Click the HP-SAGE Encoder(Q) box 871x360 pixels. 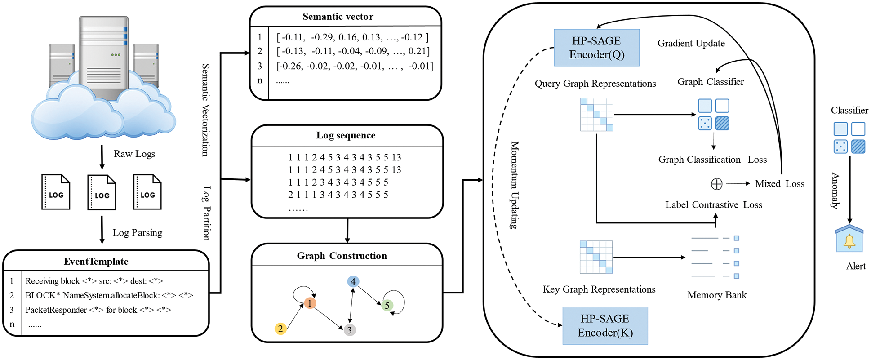(596, 48)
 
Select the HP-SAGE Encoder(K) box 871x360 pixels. (605, 325)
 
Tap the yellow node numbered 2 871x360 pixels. (280, 329)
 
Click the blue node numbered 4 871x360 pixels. (353, 282)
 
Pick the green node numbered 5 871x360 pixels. (387, 306)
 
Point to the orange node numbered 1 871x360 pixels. (310, 303)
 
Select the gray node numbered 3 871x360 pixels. (350, 330)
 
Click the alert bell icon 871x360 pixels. (849, 241)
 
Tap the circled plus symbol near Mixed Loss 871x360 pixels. (716, 184)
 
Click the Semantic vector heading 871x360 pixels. (338, 17)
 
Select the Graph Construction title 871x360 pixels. (342, 256)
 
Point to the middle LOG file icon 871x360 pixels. (102, 192)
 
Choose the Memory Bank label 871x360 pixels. (716, 295)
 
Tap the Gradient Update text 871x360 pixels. (691, 43)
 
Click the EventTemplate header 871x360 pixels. (96, 262)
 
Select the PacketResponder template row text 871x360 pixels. (98, 310)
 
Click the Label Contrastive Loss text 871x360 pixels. (713, 205)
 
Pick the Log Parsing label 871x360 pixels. (137, 233)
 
